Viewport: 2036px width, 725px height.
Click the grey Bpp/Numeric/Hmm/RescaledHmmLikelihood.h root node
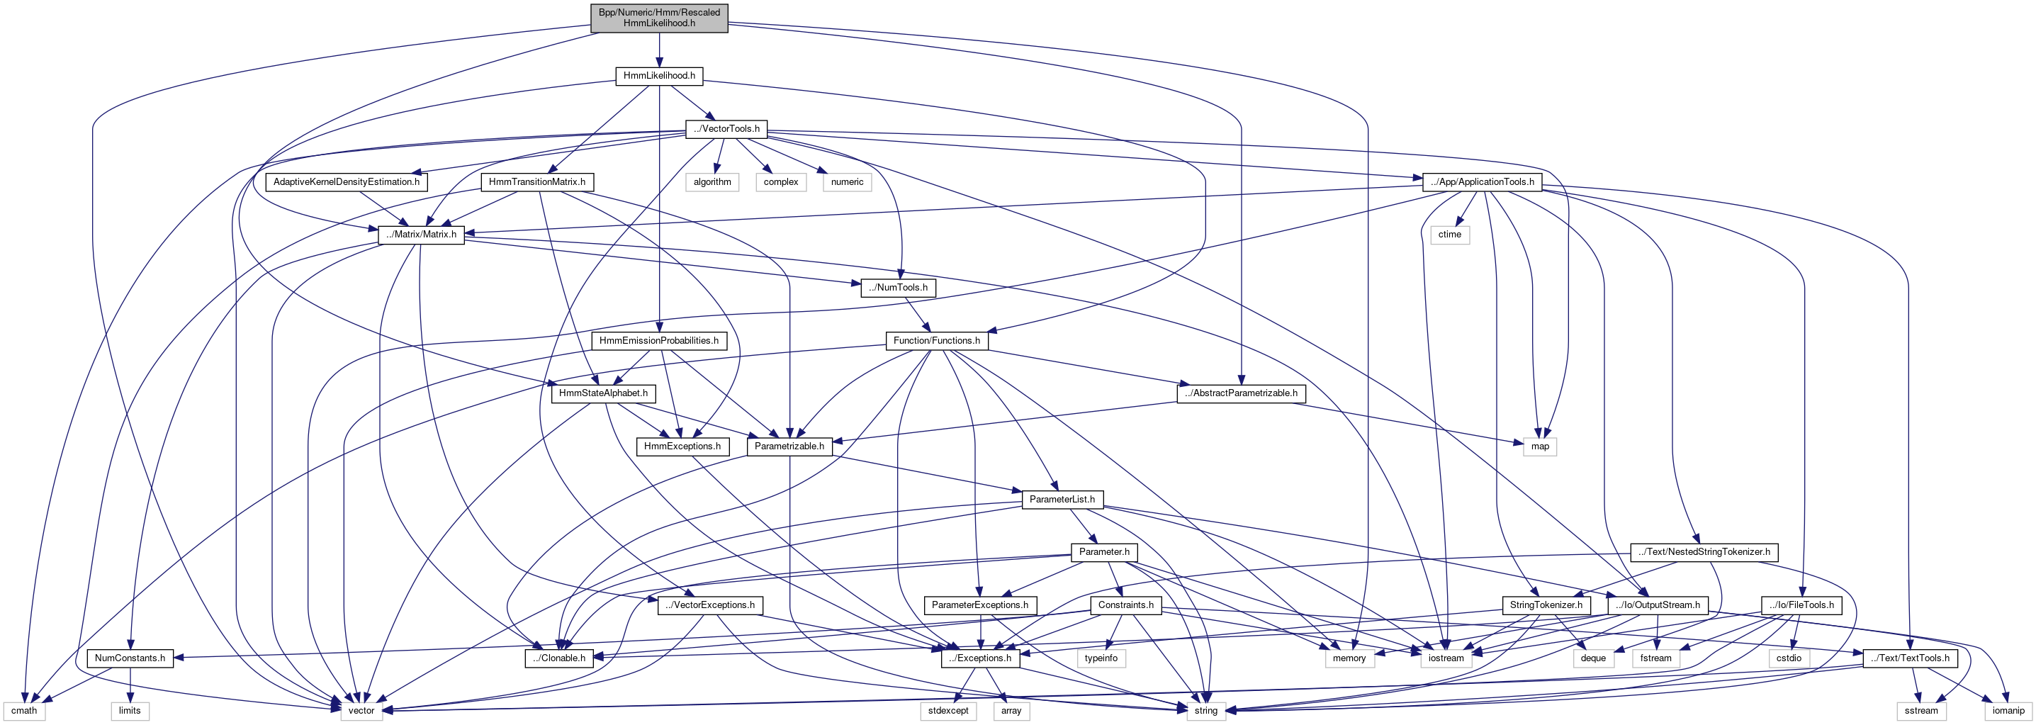[659, 18]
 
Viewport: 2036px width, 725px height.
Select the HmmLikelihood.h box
[659, 76]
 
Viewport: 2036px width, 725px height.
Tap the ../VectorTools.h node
[726, 129]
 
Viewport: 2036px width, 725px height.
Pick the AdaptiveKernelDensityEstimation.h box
[346, 182]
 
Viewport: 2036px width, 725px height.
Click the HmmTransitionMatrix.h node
[536, 182]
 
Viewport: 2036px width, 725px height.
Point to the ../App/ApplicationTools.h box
[1482, 182]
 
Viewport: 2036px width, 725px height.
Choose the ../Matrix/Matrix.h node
[421, 235]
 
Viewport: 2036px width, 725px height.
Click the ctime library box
[1449, 235]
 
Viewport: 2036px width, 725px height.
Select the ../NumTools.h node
[898, 288]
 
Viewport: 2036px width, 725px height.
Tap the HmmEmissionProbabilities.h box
[658, 341]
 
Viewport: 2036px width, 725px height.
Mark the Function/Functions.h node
[936, 341]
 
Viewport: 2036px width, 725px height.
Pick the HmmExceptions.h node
[682, 446]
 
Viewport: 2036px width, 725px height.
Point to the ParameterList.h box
[1062, 500]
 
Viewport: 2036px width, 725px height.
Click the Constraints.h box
[1125, 605]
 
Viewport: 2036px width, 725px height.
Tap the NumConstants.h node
[130, 658]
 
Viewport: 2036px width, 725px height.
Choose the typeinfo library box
[1101, 658]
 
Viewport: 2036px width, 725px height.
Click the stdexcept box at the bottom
[948, 711]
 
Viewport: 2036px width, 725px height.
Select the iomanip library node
[2008, 711]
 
